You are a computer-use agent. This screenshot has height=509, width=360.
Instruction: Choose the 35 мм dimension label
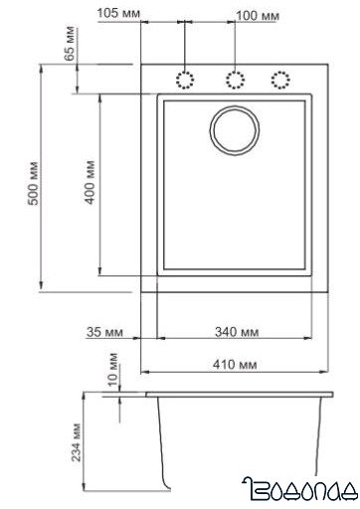point(104,331)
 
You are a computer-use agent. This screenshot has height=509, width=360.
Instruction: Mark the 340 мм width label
point(237,331)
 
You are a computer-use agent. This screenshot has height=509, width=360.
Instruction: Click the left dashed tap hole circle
point(185,80)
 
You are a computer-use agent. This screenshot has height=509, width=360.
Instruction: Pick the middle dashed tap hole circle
point(235,80)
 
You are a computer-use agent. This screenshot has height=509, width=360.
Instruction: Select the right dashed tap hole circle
point(281,80)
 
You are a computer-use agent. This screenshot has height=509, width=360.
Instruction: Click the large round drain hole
point(235,129)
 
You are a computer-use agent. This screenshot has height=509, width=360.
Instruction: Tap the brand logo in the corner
point(298,488)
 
